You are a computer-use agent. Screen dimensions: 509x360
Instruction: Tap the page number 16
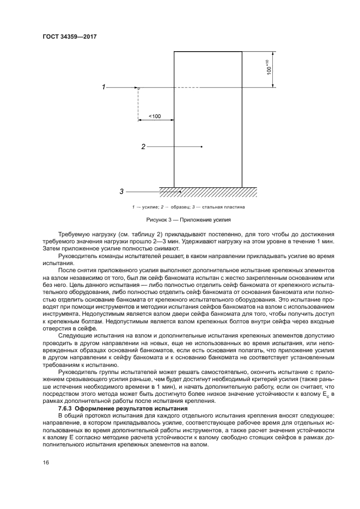pos(46,462)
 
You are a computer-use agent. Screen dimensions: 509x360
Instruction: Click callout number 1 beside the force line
pos(103,87)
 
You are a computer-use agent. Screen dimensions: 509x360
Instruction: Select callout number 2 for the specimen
pos(143,146)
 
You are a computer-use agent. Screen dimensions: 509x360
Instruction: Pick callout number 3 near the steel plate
pos(121,191)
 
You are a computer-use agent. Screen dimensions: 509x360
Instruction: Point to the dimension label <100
pos(154,116)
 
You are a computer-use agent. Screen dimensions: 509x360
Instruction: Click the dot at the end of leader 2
pos(202,146)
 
